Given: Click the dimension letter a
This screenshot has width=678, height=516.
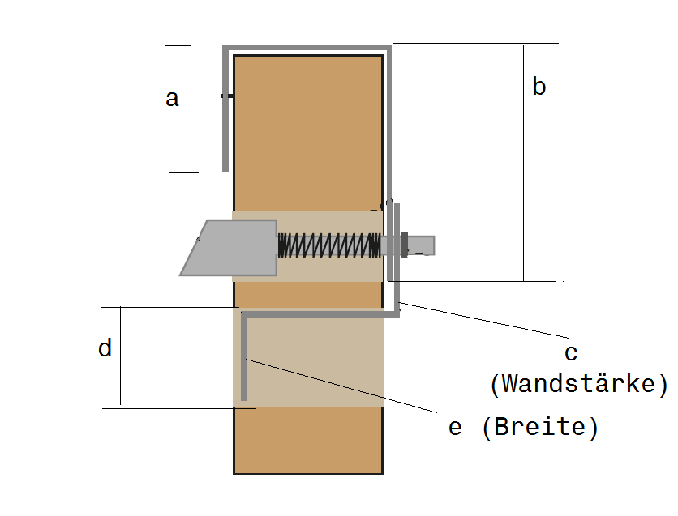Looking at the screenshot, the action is [172, 99].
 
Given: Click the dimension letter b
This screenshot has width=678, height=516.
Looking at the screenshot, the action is [539, 86].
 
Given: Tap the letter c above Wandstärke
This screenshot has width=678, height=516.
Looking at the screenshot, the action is [571, 353].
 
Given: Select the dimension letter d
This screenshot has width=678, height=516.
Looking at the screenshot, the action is [105, 348].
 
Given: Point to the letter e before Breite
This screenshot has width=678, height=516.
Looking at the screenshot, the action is [455, 428].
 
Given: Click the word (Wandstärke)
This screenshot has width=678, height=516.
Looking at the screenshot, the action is [579, 384].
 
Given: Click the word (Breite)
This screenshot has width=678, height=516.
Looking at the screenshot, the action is [540, 427].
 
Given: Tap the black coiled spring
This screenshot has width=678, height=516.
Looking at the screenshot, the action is [329, 245].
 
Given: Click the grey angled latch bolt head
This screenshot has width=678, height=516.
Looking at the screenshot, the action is [229, 248].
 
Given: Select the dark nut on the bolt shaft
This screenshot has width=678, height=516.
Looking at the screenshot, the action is [405, 245].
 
